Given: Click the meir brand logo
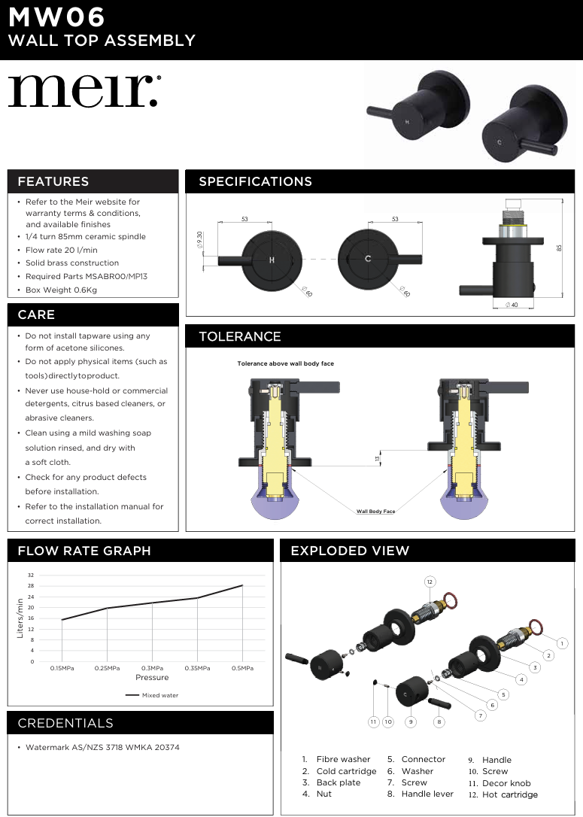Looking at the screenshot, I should pos(84,91).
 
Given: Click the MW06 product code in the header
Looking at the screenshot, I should pos(56,17).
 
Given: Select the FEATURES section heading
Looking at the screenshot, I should pos(53,181).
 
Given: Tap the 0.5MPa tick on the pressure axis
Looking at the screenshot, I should pos(242,668).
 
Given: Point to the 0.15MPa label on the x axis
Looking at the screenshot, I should pos(62,668).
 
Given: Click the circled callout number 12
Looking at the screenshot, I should pos(430,582).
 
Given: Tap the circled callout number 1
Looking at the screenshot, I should pos(562,643).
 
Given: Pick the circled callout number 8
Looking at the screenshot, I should pos(439,721).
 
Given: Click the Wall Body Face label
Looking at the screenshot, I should pos(375,512).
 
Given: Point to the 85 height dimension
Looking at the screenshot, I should pos(559,248).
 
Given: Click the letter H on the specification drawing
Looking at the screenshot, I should pos(272,260).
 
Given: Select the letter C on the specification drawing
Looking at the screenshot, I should pos(368,260).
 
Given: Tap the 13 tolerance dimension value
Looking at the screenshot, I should pos(377,457).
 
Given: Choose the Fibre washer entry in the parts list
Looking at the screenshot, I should pos(343,759).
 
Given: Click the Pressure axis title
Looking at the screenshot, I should pos(152,678).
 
